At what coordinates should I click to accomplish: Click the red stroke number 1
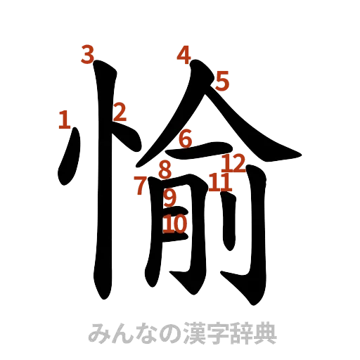(x=64, y=120)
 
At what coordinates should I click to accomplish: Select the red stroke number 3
(x=87, y=55)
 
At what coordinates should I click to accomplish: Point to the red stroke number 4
(x=184, y=55)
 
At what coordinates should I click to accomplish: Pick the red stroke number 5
(x=222, y=82)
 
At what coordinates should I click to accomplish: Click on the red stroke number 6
(x=185, y=139)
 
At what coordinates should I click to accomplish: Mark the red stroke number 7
(x=141, y=186)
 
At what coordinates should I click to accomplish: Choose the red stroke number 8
(x=165, y=169)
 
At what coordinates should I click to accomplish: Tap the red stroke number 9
(x=170, y=198)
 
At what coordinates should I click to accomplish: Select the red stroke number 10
(x=175, y=224)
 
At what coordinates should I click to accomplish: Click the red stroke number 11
(x=219, y=183)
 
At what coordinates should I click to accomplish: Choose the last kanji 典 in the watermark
(x=266, y=333)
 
